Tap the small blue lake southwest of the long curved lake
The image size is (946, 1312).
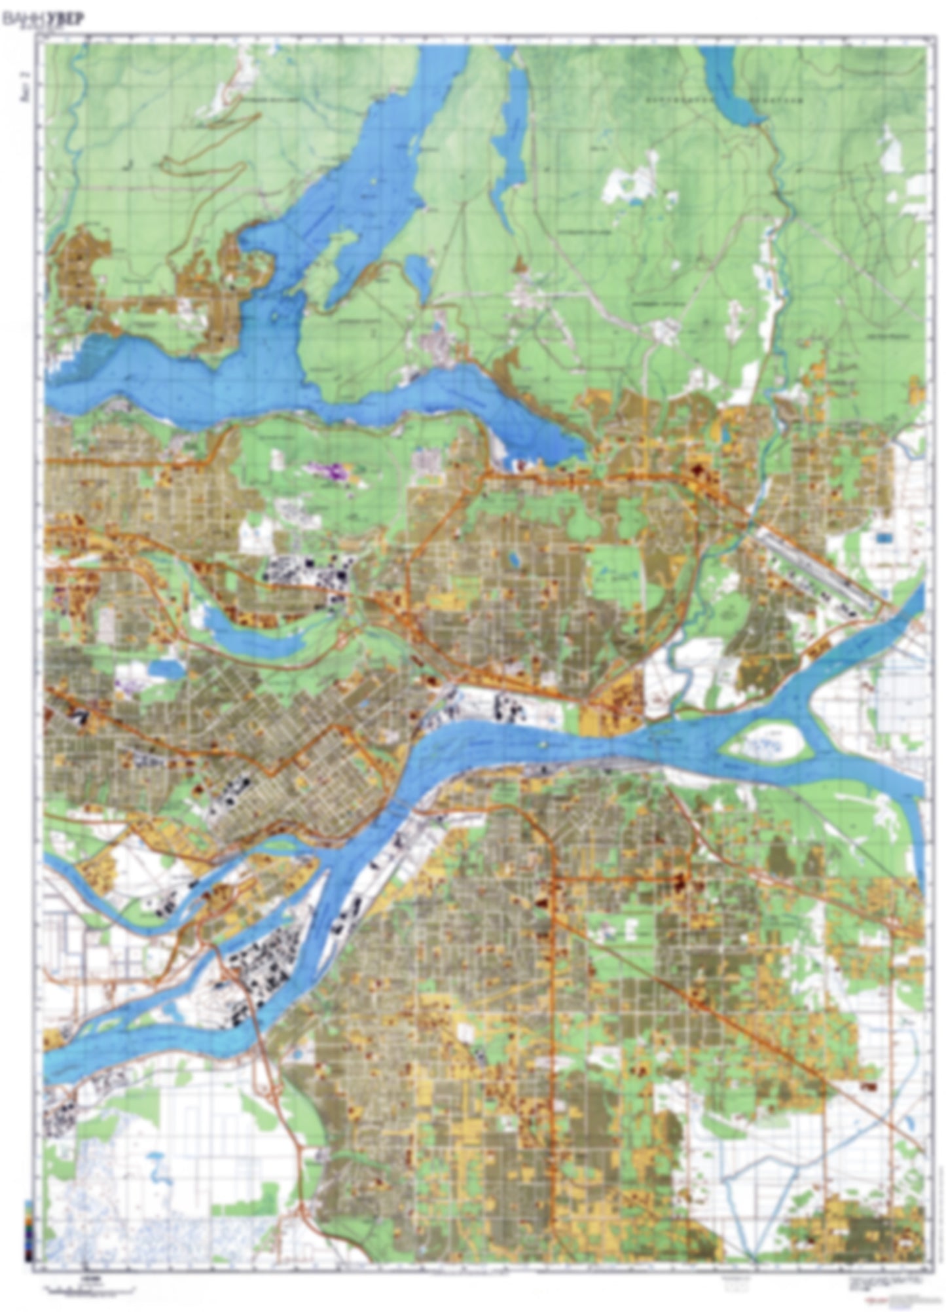point(160,668)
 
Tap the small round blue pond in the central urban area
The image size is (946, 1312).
point(513,560)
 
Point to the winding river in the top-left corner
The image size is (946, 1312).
point(77,92)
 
